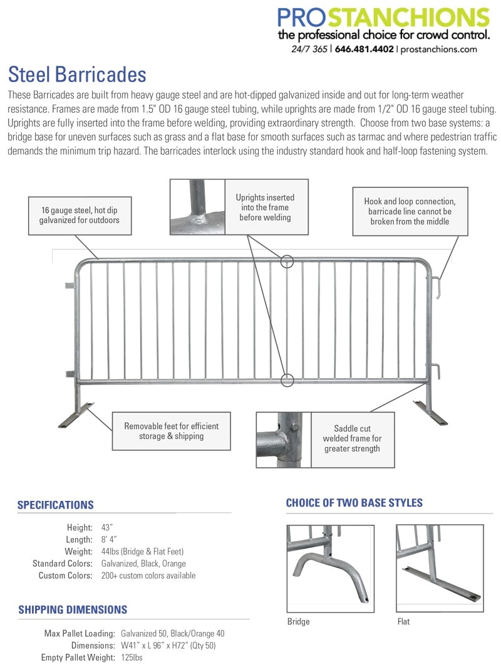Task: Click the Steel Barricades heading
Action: (x=77, y=74)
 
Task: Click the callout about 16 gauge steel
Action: (x=80, y=216)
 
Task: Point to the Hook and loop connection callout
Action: (x=410, y=211)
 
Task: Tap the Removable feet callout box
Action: (x=171, y=431)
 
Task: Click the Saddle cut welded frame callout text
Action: (x=352, y=438)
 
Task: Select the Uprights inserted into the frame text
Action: (x=265, y=207)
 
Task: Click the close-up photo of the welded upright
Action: (x=197, y=207)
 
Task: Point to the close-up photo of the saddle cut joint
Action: (x=284, y=440)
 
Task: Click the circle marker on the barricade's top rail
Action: (x=287, y=261)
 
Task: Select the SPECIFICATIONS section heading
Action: (x=56, y=505)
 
